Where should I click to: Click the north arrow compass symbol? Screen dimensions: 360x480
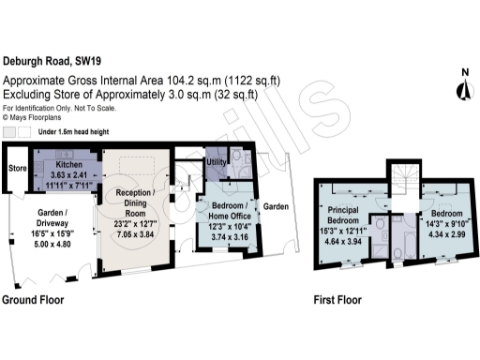tap(462, 86)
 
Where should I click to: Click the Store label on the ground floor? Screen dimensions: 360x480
tap(16, 169)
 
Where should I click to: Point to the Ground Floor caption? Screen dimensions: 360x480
tap(37, 302)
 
